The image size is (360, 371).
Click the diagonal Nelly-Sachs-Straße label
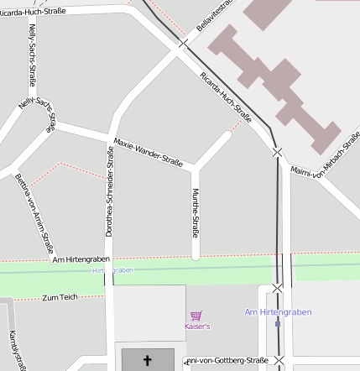click(37, 115)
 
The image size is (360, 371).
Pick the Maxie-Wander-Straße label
click(148, 151)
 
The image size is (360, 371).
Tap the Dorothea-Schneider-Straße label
click(109, 191)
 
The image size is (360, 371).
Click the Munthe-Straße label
click(196, 214)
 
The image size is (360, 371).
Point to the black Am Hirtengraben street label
click(81, 259)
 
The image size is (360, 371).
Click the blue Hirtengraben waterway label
click(112, 270)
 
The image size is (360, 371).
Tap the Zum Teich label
click(60, 297)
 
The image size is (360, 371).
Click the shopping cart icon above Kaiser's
click(196, 316)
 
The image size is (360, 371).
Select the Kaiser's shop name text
click(196, 326)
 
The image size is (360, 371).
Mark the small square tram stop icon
click(278, 323)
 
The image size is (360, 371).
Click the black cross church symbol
click(148, 361)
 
